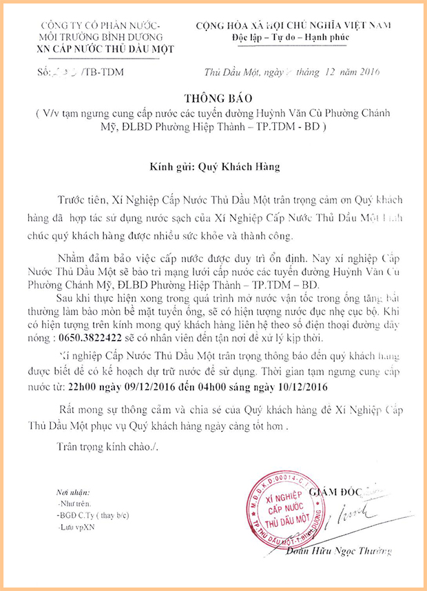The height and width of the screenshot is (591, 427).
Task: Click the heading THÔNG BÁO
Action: click(x=214, y=98)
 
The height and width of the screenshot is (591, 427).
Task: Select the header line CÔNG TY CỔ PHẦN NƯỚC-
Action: click(x=102, y=26)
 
